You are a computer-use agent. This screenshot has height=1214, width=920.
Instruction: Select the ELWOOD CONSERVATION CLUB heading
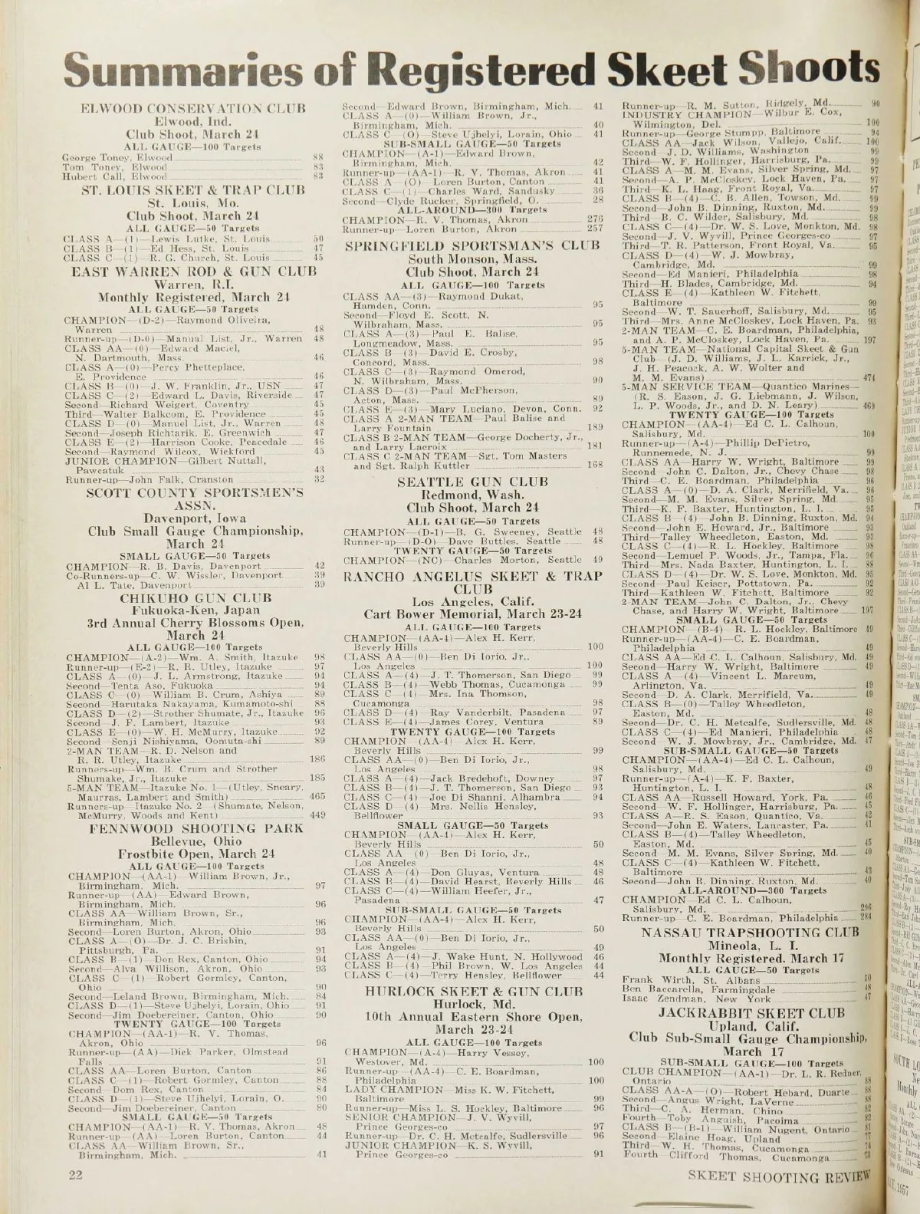pos(188,108)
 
